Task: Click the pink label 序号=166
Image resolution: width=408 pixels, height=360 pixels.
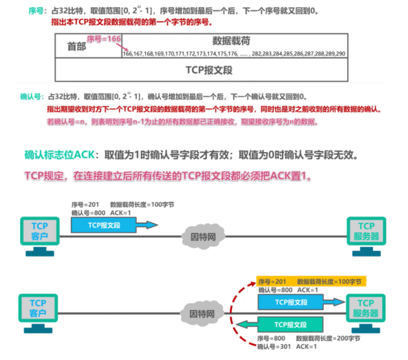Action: pos(104,38)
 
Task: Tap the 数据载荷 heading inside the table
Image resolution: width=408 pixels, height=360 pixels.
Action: pos(231,40)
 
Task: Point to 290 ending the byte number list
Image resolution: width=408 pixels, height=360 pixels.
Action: pos(340,53)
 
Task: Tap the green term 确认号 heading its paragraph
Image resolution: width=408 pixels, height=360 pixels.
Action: pos(32,96)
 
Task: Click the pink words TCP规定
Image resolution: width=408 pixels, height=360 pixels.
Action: pos(44,176)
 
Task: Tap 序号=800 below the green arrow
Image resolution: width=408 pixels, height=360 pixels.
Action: pos(271,339)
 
